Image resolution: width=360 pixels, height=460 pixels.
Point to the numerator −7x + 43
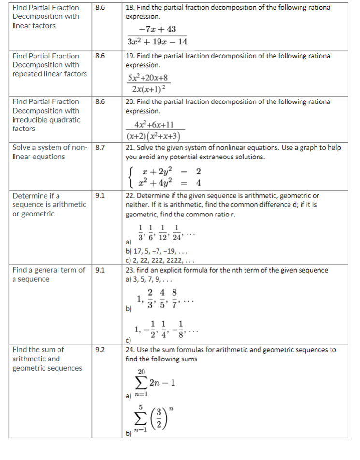coord(157,29)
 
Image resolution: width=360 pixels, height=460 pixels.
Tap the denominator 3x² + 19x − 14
coord(157,42)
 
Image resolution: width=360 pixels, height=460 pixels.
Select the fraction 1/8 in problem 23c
coord(180,329)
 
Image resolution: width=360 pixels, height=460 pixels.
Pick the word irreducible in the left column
coord(32,119)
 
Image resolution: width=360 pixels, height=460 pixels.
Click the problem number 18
coord(130,7)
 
